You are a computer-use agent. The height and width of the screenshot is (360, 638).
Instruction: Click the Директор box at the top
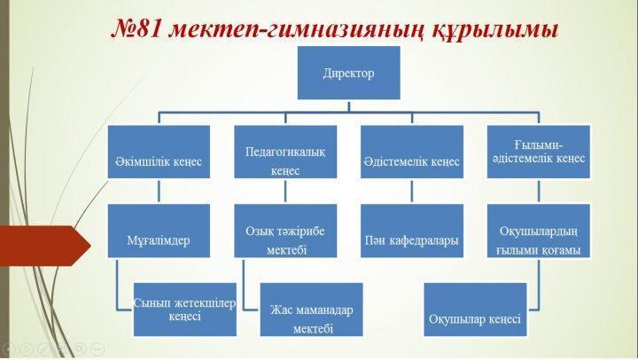(x=349, y=73)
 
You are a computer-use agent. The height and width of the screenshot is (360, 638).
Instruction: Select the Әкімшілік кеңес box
(x=159, y=152)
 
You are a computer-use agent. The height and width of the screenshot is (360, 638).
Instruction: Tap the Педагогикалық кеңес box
(x=285, y=152)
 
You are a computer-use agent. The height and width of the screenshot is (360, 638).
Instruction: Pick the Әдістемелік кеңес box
(x=412, y=152)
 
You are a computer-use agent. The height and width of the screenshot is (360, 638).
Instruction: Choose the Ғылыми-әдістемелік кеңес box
(x=539, y=152)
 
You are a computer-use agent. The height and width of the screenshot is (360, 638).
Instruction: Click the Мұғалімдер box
(x=159, y=231)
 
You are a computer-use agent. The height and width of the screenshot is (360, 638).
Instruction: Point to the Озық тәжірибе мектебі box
(x=285, y=231)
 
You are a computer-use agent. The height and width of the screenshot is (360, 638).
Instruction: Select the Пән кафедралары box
(x=412, y=231)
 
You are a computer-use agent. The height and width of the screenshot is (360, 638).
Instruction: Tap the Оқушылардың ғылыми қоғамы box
(x=539, y=231)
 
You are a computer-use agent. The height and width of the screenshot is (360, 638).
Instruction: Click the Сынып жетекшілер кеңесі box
(x=184, y=309)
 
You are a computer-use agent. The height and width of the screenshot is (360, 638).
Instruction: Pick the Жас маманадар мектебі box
(x=311, y=309)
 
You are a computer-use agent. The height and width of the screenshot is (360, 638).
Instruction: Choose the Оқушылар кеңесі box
(x=475, y=309)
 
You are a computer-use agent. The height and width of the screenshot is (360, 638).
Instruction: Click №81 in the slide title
(x=136, y=29)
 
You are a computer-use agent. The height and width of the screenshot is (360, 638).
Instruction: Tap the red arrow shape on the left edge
(x=45, y=246)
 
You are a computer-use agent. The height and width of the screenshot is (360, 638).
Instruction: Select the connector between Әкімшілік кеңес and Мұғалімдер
(x=159, y=192)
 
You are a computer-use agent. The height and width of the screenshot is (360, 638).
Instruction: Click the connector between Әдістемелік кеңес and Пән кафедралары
(x=412, y=192)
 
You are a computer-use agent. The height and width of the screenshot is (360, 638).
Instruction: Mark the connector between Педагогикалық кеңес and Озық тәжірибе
(x=285, y=192)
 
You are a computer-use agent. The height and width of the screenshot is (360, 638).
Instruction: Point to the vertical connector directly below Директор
(x=349, y=106)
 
